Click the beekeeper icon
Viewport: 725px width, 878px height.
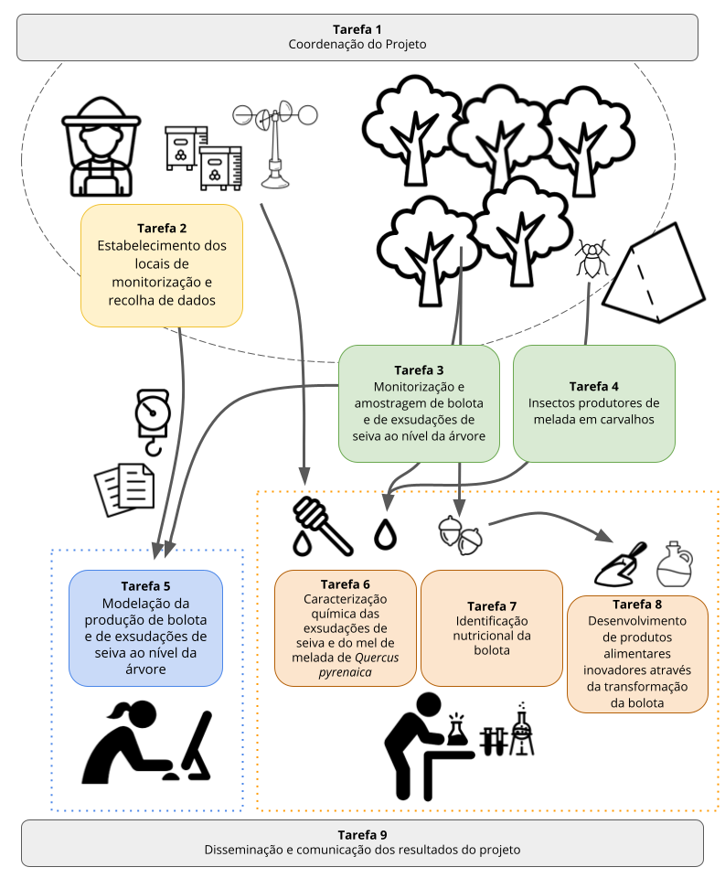click(101, 146)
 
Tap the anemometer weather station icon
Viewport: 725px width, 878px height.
click(275, 144)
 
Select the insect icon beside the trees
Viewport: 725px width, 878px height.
click(592, 258)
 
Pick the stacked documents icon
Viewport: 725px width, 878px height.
click(124, 489)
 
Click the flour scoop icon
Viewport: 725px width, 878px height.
click(620, 564)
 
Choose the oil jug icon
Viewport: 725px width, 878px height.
click(675, 564)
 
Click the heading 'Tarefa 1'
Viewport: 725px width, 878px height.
click(357, 29)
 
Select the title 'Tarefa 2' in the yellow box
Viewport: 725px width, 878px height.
click(162, 228)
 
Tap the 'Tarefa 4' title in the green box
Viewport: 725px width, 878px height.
click(594, 386)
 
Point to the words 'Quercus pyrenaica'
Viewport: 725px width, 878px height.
click(345, 665)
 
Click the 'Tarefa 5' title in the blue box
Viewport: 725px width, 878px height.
click(145, 585)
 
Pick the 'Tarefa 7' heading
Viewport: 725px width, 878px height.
click(492, 605)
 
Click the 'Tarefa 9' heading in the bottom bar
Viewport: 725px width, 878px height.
click(362, 834)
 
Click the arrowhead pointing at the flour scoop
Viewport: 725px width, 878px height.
click(604, 535)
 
